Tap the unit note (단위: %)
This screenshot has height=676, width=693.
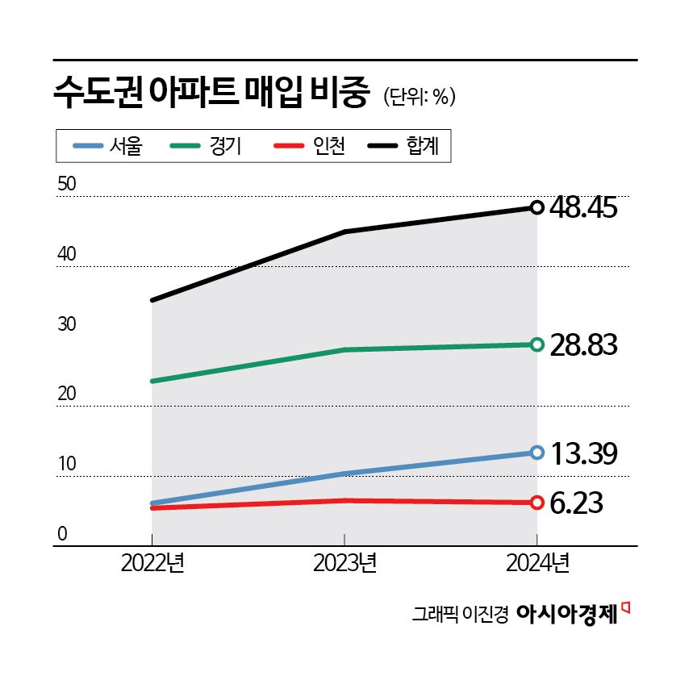(x=420, y=96)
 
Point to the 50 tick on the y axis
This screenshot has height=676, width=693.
(x=67, y=184)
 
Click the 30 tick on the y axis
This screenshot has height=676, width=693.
(x=67, y=324)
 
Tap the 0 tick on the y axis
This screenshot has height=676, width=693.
(x=61, y=534)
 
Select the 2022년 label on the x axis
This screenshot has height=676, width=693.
(x=152, y=562)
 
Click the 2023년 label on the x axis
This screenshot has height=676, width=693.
(x=344, y=562)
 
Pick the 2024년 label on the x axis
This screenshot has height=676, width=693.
(x=537, y=562)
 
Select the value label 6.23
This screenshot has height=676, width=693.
(x=576, y=503)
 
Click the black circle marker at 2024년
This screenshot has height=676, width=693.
(x=536, y=207)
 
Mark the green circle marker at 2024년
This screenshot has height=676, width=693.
(x=536, y=344)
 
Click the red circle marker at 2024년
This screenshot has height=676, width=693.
(x=536, y=503)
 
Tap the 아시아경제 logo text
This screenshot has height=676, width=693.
(x=566, y=615)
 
